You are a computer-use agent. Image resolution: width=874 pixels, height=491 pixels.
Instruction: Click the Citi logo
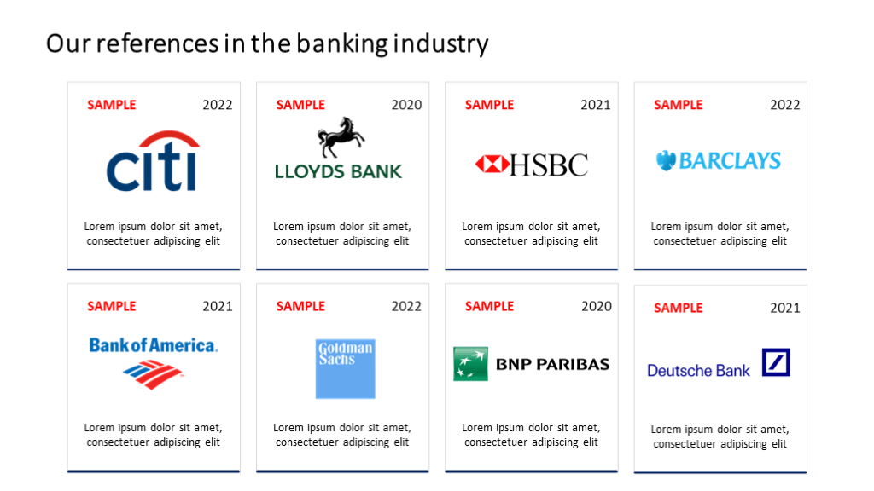point(153,161)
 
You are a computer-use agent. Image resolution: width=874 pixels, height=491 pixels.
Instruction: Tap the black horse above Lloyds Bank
point(341,137)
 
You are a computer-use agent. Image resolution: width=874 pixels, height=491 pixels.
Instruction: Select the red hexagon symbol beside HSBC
point(492,165)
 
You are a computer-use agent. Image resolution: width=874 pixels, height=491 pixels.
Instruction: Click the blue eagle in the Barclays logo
point(666,161)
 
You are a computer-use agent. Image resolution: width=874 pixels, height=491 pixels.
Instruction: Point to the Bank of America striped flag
point(153,374)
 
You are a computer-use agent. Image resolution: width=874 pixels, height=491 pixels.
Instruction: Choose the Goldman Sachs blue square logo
point(345,368)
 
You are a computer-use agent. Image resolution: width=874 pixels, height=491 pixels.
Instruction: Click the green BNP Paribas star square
point(470,364)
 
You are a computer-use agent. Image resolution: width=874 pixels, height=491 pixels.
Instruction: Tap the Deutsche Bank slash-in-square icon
point(776,362)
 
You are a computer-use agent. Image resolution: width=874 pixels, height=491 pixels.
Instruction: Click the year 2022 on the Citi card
point(218,105)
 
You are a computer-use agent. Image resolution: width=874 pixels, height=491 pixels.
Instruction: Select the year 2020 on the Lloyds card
point(406,105)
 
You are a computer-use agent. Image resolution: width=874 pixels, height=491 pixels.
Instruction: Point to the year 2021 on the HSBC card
point(595,105)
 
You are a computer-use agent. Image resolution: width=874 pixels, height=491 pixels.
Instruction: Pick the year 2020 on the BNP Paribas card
point(597,306)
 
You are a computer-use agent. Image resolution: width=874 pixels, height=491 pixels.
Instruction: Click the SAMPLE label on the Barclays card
point(679,105)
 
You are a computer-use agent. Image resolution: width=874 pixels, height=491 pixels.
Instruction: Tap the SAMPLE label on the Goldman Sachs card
point(300,306)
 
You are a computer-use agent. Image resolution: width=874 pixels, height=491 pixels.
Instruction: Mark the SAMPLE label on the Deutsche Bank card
point(679,308)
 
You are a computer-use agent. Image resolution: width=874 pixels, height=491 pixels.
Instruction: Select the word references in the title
point(157,43)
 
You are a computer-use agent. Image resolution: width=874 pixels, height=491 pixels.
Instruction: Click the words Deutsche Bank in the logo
point(698,370)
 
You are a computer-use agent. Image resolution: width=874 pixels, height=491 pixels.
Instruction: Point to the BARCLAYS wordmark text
point(730,161)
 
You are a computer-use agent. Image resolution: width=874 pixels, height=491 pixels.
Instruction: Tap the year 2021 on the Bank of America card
point(218,306)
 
